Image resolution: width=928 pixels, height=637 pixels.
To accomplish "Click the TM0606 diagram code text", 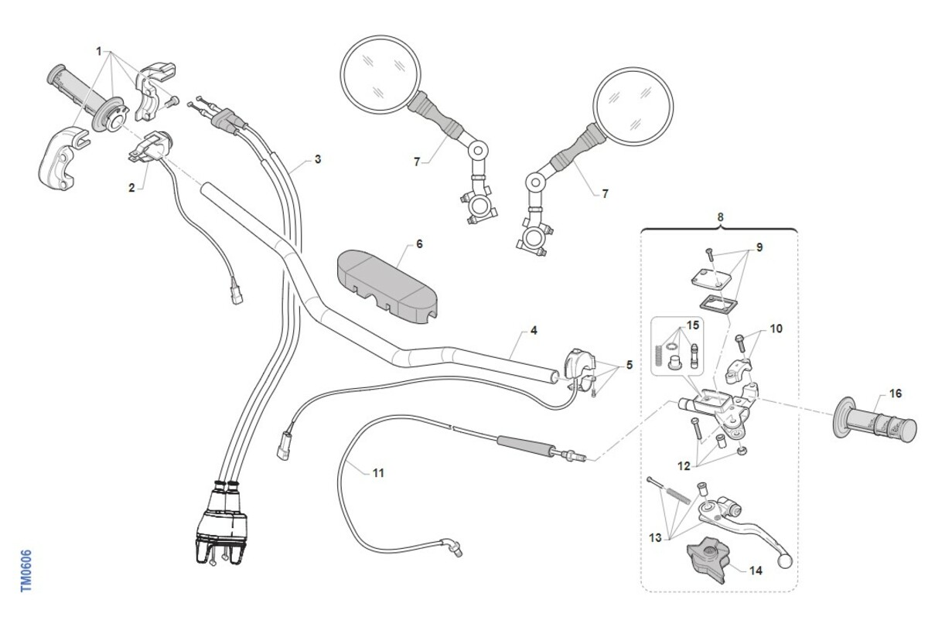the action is coord(26,571).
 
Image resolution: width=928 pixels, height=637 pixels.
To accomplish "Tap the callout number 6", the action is coord(419,244).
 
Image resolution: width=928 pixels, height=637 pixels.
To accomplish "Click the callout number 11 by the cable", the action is coord(378,473).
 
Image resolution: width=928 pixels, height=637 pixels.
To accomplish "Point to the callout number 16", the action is coord(896,393).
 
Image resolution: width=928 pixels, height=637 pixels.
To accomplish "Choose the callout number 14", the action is coord(756,571).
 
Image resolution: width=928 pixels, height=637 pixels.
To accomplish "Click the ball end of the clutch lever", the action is coord(785,561).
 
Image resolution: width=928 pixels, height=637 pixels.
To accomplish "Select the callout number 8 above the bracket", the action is coord(721,216).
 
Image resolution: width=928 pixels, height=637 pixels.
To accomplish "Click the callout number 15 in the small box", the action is coord(693,325).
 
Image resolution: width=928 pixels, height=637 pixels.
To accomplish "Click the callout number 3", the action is coord(318,159).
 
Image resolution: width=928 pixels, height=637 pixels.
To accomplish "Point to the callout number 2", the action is coord(131,188).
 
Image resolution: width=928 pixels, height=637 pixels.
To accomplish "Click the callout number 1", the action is coord(99,51).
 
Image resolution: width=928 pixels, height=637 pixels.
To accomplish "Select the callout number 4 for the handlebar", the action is coord(534,330).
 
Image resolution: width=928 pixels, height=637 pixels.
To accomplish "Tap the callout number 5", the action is coord(629,365).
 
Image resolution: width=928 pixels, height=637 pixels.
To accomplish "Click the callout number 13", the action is coord(655,538).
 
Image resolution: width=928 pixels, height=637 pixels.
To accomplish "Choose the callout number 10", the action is coord(776,329).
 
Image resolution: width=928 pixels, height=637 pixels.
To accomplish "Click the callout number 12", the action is coord(684,466).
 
